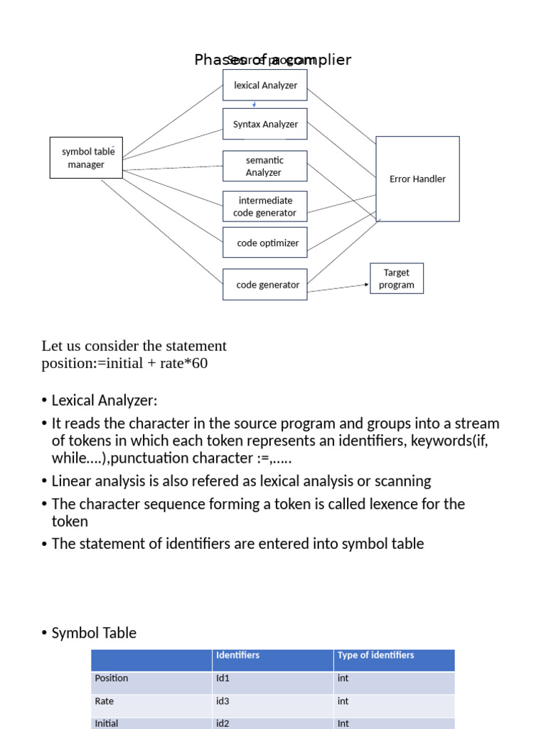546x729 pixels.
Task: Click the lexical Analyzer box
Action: click(x=265, y=85)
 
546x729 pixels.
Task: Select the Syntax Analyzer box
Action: click(x=265, y=124)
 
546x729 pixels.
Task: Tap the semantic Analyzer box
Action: click(x=265, y=166)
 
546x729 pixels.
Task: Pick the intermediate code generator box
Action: click(x=265, y=206)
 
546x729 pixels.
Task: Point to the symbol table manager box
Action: click(x=86, y=158)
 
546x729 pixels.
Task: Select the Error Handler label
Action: click(x=417, y=179)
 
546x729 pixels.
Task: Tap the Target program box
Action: click(x=397, y=278)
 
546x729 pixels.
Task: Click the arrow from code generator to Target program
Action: click(x=338, y=288)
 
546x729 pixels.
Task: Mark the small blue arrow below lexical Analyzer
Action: click(x=255, y=104)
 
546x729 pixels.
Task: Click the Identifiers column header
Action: click(x=238, y=655)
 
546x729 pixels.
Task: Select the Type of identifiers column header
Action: click(x=375, y=655)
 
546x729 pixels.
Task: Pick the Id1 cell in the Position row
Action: click(x=223, y=678)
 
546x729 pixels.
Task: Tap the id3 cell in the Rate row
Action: click(x=223, y=701)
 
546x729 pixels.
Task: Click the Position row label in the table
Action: click(x=112, y=678)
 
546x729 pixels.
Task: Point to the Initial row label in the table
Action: click(x=107, y=723)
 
